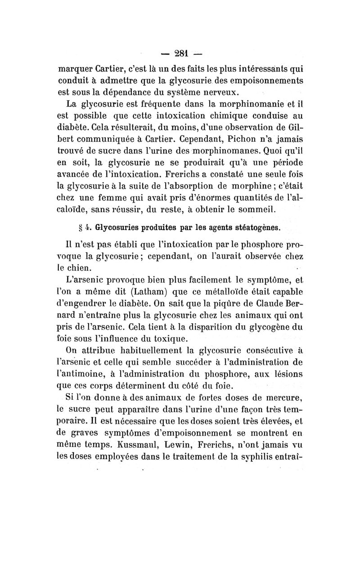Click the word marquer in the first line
(77, 70)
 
